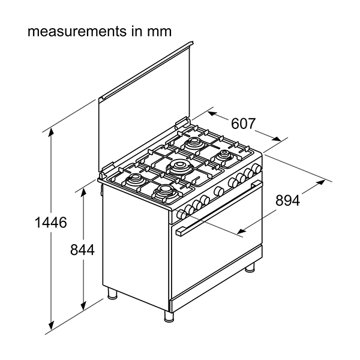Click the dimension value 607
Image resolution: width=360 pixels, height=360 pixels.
coord(243,124)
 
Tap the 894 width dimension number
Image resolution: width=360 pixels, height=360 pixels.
coord(287,200)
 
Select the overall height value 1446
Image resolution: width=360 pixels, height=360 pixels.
coord(51,222)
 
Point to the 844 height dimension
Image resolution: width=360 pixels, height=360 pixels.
coord(82,250)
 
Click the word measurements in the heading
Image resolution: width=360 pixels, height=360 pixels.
coord(77,31)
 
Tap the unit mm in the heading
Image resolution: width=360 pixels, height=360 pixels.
coord(160,32)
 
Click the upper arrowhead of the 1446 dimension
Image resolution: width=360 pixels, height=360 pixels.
coord(51,133)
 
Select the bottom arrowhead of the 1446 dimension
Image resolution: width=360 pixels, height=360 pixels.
coord(51,325)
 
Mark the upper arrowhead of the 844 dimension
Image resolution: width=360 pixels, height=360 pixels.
coord(83,193)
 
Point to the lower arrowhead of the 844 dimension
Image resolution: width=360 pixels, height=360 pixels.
coord(83,305)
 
